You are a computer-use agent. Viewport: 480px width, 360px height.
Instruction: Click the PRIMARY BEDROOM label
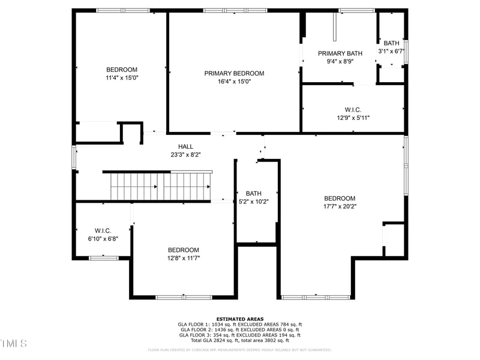(x=234, y=73)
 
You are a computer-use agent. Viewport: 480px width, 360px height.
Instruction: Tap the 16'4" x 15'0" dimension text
(x=234, y=82)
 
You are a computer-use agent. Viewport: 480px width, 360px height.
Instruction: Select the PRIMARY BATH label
(x=340, y=53)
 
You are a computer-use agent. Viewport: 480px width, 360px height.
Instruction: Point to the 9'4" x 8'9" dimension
(x=340, y=61)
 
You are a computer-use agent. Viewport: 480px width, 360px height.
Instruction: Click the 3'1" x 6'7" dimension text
(x=392, y=51)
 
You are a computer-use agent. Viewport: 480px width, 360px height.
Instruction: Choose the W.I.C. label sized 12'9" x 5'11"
(x=353, y=110)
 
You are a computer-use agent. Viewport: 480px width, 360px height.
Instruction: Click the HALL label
(x=185, y=146)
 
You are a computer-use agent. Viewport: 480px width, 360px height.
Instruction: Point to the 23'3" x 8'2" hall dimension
(x=185, y=154)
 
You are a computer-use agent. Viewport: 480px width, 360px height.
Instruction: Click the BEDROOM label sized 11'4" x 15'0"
(x=122, y=70)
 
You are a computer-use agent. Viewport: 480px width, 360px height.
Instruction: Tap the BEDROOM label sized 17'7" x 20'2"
(x=340, y=199)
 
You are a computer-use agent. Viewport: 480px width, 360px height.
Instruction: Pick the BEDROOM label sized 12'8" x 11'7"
(x=183, y=250)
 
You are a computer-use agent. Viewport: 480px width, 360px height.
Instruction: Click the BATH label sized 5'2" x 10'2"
(x=254, y=193)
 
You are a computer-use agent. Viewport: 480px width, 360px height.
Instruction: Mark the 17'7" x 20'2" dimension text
(x=340, y=206)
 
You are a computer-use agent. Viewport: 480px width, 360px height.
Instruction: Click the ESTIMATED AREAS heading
(x=239, y=319)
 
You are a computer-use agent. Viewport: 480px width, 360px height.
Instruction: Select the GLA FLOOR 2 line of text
(x=239, y=330)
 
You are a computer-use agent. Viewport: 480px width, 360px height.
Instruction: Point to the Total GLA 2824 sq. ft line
(x=239, y=340)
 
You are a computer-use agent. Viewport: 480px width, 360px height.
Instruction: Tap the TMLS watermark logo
(x=13, y=344)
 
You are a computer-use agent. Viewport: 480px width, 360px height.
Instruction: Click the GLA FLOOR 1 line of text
(x=239, y=325)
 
